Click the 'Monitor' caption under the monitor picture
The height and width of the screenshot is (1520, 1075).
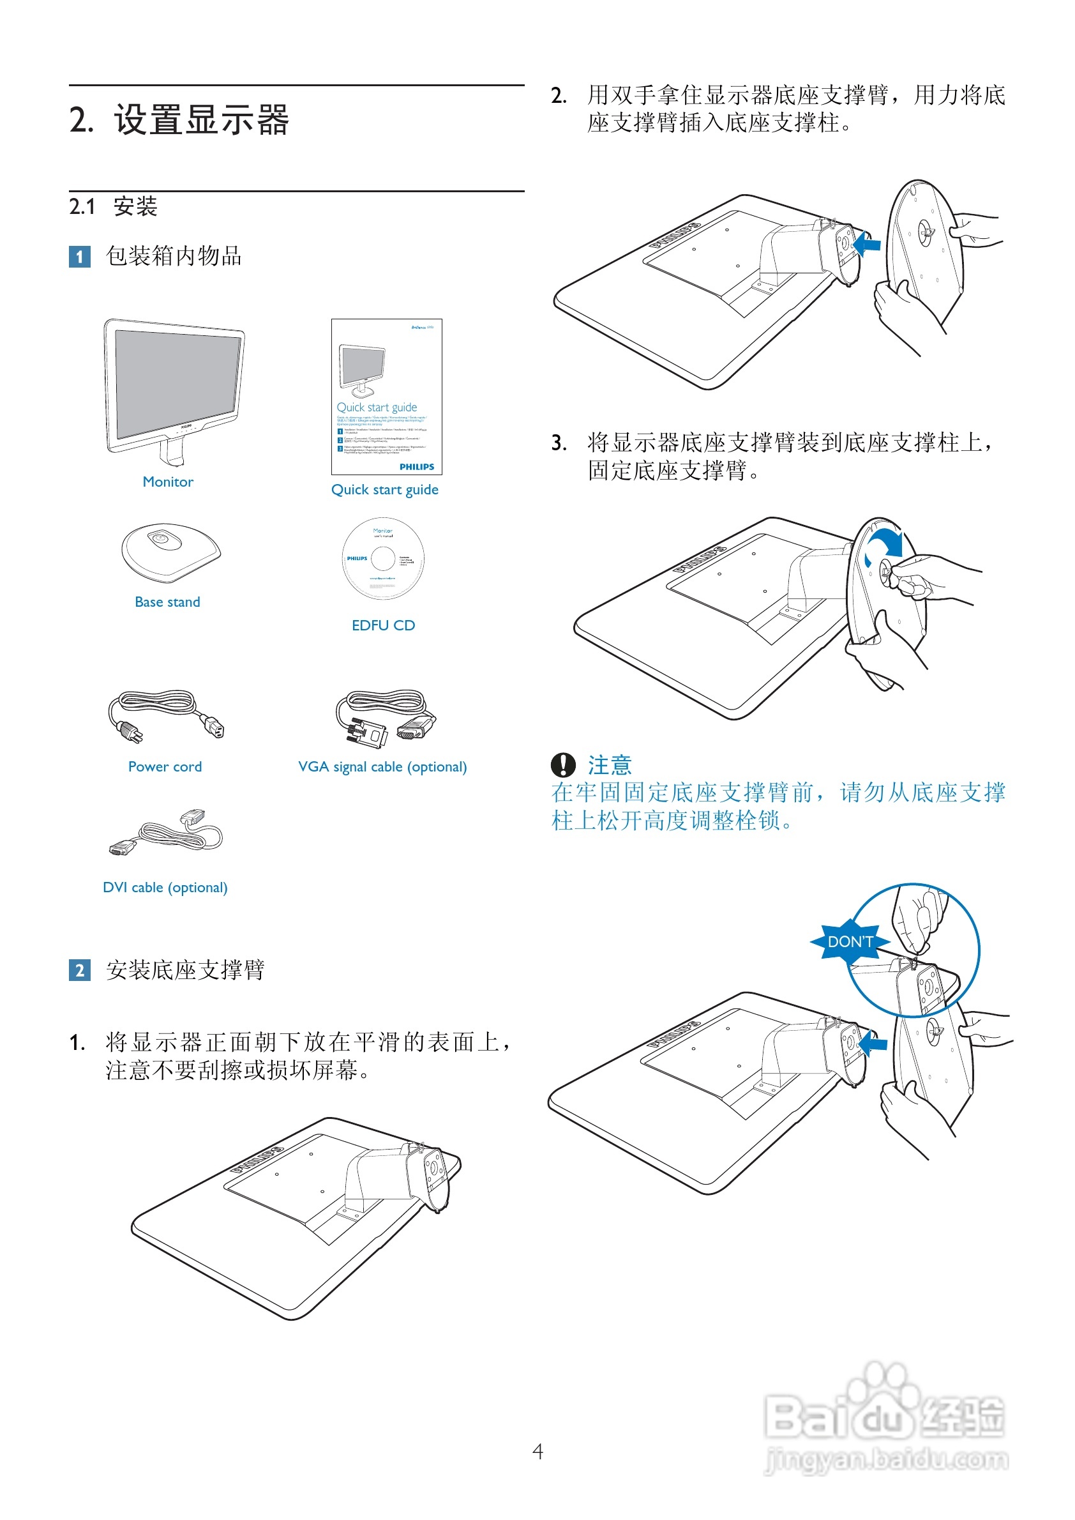click(168, 482)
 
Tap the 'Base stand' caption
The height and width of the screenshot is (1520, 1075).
click(167, 602)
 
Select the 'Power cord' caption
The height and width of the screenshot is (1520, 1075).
click(165, 766)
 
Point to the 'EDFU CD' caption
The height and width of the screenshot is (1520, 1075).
click(383, 625)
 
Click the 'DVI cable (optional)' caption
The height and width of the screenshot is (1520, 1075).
click(165, 887)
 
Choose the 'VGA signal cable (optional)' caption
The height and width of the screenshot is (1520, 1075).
click(382, 766)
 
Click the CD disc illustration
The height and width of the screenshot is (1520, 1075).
click(382, 558)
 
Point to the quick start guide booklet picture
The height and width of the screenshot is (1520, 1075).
click(387, 396)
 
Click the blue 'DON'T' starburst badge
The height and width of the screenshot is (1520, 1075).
click(850, 941)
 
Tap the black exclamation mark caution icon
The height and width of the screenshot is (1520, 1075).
click(562, 765)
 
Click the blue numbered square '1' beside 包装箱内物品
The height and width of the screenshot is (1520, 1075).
click(79, 256)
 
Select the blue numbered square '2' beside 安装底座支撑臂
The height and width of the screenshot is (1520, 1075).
click(79, 970)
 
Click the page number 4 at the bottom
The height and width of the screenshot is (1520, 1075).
click(537, 1451)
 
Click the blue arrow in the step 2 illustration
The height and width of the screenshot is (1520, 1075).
click(867, 245)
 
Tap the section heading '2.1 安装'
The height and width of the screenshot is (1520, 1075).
click(113, 207)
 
